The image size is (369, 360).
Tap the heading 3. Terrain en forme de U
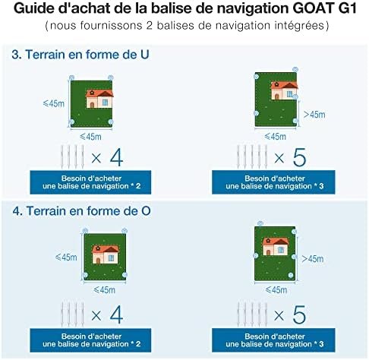coord(80,55)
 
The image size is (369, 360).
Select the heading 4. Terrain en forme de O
coord(81,211)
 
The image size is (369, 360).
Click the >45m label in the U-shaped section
coord(314,115)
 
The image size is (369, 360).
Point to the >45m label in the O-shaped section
coord(313,259)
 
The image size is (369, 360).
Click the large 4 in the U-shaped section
coord(116,157)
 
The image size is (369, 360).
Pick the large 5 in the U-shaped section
coord(299,157)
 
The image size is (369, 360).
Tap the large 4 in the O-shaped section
coord(116,314)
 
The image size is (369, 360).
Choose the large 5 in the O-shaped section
coord(299,314)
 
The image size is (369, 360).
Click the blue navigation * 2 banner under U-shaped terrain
coord(90,182)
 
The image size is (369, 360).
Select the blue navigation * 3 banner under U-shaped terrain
coord(273,182)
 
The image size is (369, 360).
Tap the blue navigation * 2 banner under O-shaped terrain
coord(90,340)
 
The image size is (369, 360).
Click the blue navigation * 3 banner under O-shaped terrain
coord(273,340)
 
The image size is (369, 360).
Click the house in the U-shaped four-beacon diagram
coord(99,99)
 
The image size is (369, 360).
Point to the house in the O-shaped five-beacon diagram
coord(276,246)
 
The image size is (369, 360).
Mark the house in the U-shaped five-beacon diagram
coord(284,90)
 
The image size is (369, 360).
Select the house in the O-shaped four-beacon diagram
coord(106,254)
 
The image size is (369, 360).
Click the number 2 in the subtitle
coord(149,26)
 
